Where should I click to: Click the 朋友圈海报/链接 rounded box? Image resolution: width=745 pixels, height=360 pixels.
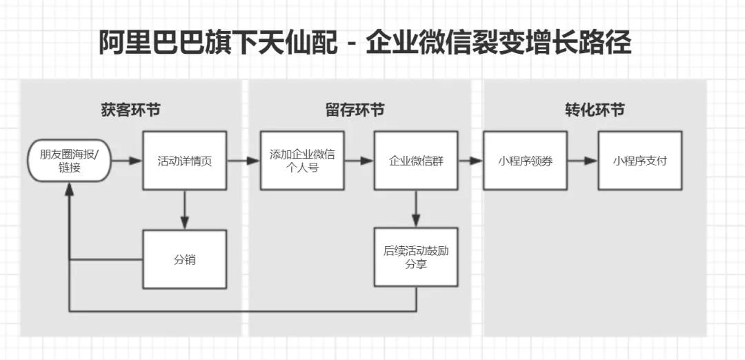[x=69, y=161]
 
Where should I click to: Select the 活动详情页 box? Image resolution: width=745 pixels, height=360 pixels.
[x=184, y=161]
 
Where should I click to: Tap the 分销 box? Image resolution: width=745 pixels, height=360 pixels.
[x=184, y=259]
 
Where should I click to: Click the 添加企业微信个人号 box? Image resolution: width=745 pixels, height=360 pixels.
[x=302, y=161]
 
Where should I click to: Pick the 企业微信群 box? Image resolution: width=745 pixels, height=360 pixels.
[x=416, y=161]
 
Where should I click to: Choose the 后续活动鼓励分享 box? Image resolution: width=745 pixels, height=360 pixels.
[x=416, y=257]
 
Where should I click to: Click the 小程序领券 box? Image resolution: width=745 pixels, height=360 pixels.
[x=525, y=161]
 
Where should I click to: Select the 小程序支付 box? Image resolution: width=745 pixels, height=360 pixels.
[x=639, y=161]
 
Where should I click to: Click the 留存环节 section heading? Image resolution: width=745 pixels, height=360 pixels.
[x=355, y=110]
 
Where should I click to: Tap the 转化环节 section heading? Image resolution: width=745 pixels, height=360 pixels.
[x=595, y=110]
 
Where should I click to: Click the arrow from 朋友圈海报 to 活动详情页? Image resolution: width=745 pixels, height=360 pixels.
[x=126, y=161]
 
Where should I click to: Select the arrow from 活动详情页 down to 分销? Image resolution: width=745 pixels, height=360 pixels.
[x=184, y=209]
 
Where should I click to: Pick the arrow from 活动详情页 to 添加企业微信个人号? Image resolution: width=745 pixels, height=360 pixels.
[x=243, y=161]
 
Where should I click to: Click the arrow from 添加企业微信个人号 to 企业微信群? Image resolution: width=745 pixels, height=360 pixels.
[x=359, y=161]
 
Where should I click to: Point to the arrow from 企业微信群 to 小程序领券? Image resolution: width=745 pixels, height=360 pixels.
[x=470, y=161]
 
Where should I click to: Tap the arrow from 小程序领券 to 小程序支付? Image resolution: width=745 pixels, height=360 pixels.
[x=582, y=161]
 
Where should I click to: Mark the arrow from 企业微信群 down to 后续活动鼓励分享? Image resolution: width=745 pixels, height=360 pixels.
[x=416, y=208]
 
